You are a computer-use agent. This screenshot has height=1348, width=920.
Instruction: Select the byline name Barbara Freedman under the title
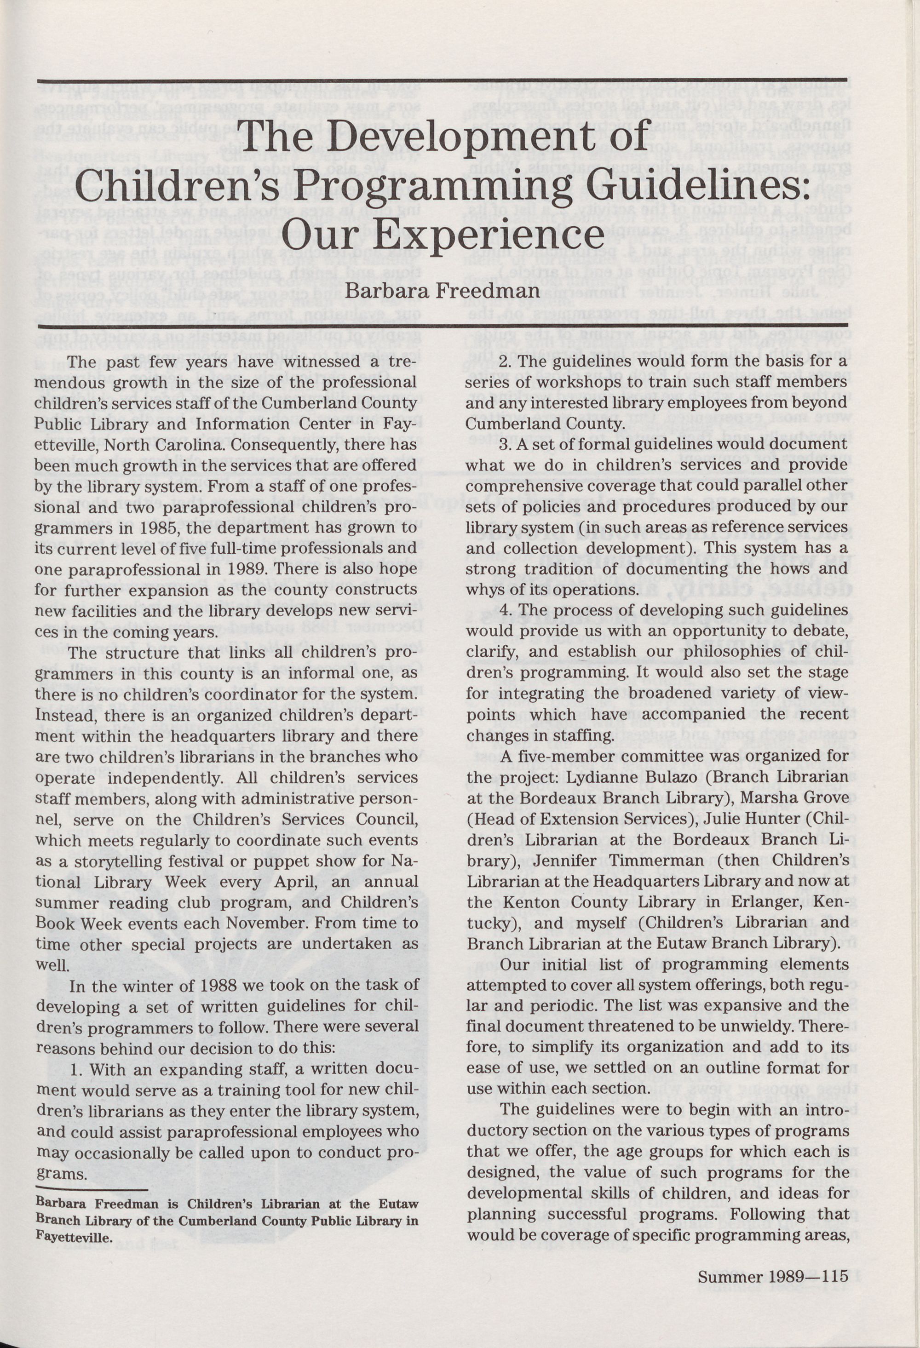coord(442,291)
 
